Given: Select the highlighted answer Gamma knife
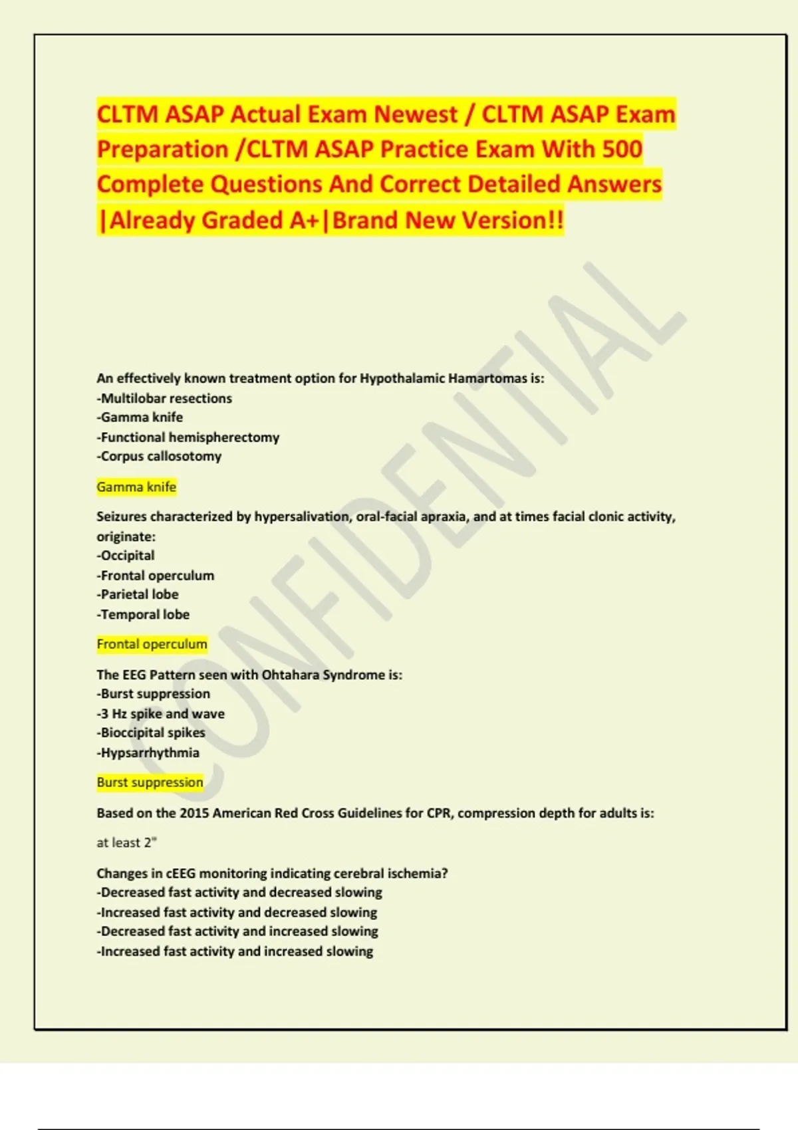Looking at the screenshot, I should coord(136,487).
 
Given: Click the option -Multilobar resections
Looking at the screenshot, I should coord(164,398).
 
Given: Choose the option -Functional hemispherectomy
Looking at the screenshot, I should coord(188,437).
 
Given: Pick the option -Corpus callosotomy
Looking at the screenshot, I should coord(159,457).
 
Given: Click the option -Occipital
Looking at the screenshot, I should coord(126,556).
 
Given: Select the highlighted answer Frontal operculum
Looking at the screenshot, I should coord(152,644).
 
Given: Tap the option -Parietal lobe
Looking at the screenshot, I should coord(138,594).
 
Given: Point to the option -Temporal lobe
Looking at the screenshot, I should coord(143,615).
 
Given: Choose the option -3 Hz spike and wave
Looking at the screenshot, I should coord(161,714).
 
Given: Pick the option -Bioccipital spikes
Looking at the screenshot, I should coord(151,733).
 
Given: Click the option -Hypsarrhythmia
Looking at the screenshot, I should coord(148,753).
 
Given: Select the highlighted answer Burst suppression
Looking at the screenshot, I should coord(150,782).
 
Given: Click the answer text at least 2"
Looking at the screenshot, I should coord(126,843).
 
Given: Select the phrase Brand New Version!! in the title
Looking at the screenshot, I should coord(448,220).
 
